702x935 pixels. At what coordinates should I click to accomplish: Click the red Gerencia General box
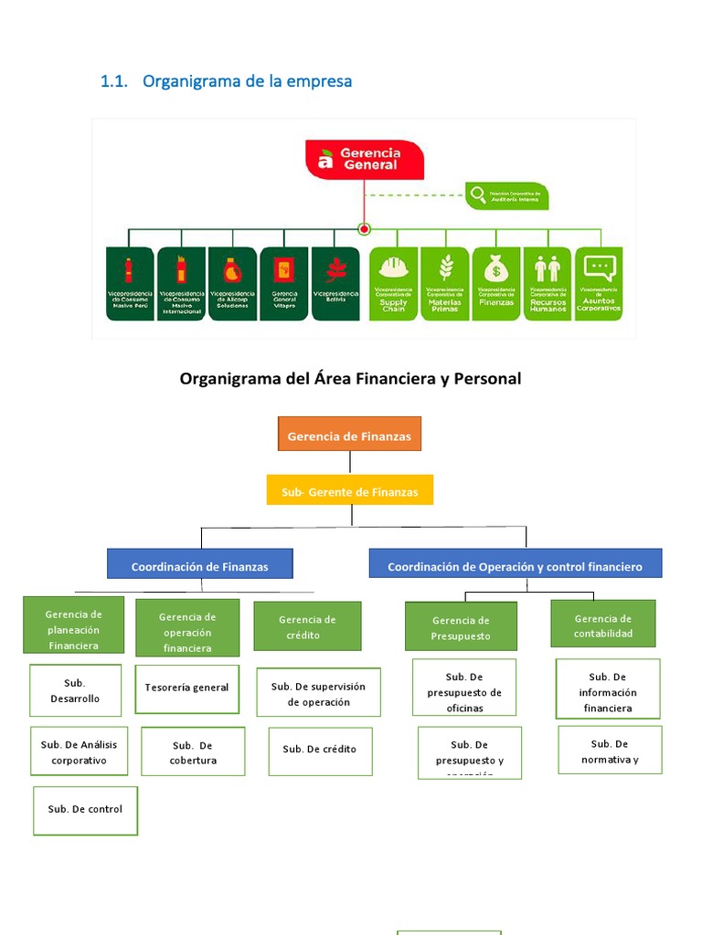[x=365, y=159]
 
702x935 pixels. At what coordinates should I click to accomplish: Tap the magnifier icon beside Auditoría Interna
[x=476, y=194]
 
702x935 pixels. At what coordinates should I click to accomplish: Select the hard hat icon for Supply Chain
[x=393, y=267]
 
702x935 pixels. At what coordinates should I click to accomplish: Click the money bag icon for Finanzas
[x=496, y=268]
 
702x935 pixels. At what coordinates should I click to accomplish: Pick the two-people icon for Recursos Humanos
[x=548, y=268]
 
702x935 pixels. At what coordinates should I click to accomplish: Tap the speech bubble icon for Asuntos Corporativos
[x=599, y=268]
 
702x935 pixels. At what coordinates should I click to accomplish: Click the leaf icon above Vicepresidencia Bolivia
[x=335, y=269]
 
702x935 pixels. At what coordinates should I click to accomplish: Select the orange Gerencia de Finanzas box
[x=349, y=436]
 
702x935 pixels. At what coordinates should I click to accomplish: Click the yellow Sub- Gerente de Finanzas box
[x=349, y=491]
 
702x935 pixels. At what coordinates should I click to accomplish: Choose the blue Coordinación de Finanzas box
[x=199, y=566]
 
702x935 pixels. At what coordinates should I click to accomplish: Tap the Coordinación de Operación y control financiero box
[x=515, y=566]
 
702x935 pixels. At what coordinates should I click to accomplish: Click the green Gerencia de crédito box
[x=307, y=626]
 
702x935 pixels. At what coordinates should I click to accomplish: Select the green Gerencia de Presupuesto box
[x=461, y=627]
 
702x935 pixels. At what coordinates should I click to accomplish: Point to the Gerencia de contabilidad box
[x=602, y=625]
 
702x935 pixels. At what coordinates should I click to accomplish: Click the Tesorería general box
[x=186, y=688]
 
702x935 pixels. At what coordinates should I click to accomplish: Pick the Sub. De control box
[x=85, y=810]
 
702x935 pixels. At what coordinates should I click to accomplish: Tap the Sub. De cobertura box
[x=193, y=751]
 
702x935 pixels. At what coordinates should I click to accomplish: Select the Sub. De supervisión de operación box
[x=318, y=693]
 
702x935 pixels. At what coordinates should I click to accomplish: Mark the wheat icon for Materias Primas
[x=446, y=268]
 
